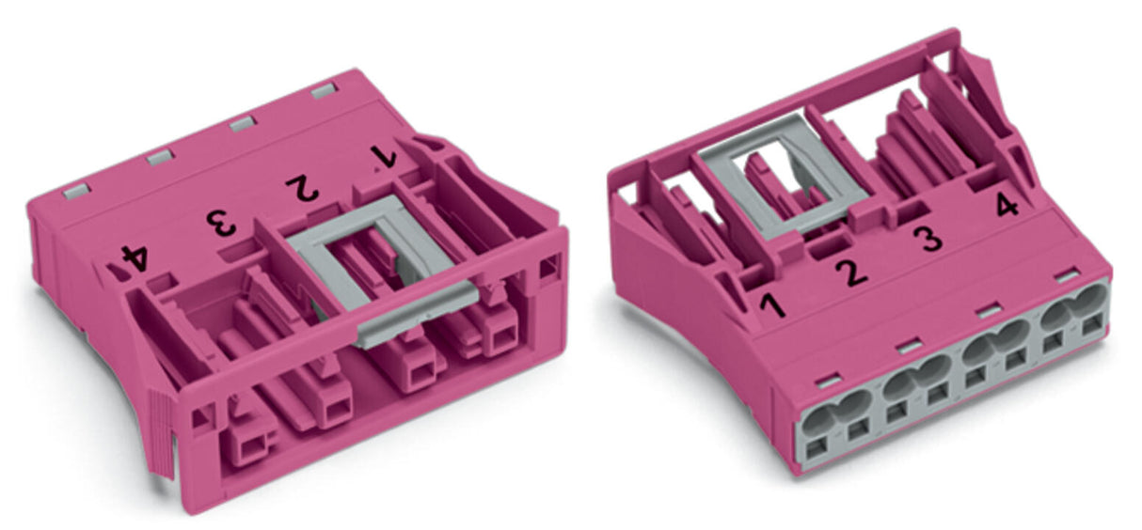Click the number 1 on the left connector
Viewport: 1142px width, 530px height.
[383, 157]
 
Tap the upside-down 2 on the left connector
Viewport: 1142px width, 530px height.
[303, 188]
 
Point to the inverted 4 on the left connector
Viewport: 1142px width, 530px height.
[135, 259]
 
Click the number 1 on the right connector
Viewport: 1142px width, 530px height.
[772, 306]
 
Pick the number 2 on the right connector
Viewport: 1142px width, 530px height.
[851, 272]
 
